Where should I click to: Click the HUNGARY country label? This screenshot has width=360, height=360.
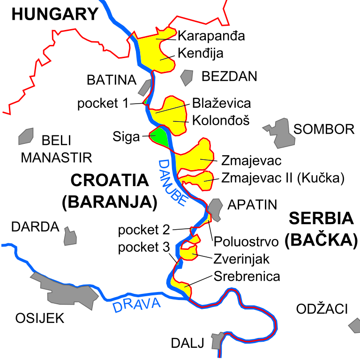coord(55,14)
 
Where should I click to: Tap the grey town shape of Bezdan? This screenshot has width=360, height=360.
coord(187,77)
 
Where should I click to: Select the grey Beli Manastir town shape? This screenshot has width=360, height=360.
coord(26,136)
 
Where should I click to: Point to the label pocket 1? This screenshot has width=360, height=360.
coord(103,104)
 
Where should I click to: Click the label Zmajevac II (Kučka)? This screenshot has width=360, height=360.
coord(283,178)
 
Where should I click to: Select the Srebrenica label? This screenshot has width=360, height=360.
coord(247,276)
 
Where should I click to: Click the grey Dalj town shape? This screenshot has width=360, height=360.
coord(218,341)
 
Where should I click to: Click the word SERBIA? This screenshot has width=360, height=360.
coord(321,219)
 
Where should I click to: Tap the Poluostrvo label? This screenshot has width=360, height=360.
coord(246,242)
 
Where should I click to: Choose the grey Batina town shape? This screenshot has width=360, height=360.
coord(145,87)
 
